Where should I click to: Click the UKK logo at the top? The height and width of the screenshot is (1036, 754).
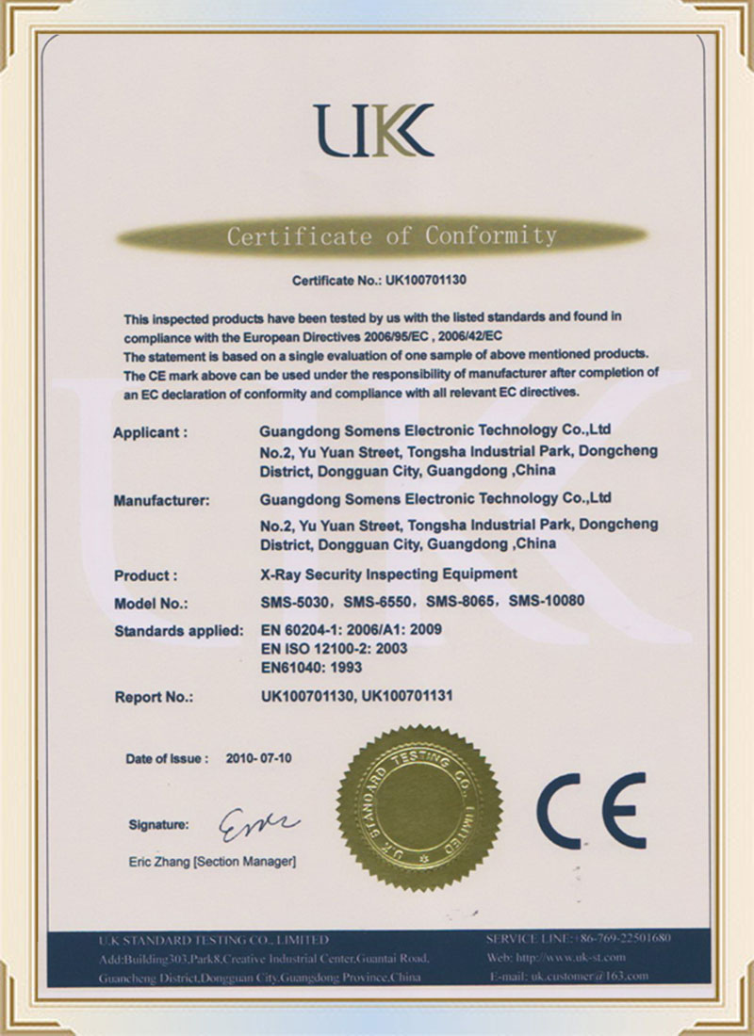point(374,130)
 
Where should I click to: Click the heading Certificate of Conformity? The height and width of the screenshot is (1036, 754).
point(390,235)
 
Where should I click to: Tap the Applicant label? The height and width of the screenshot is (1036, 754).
point(151,432)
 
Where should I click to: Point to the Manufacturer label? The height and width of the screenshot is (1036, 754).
point(162,500)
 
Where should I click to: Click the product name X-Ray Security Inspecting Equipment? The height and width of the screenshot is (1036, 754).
point(388,573)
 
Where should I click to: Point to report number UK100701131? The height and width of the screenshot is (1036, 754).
point(411,697)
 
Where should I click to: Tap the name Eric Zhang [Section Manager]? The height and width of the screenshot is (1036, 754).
point(212,861)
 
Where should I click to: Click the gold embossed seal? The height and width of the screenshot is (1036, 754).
point(419,807)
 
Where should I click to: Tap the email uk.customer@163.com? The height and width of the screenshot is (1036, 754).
point(589,977)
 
